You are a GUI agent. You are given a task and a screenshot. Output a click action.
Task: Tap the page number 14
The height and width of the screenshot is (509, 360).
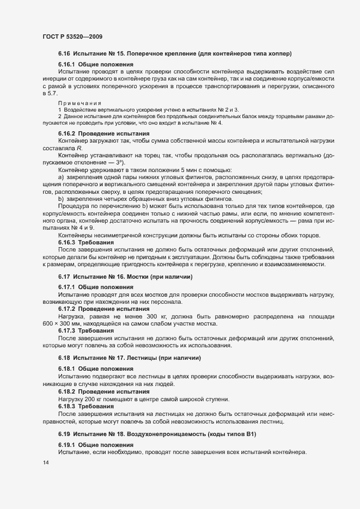(x=45, y=462)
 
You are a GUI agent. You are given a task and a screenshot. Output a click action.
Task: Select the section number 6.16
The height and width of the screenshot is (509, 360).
(x=65, y=53)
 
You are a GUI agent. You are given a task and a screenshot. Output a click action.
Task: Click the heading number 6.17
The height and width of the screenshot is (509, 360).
(x=65, y=277)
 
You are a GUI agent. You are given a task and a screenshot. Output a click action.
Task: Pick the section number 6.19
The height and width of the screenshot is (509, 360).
(x=65, y=434)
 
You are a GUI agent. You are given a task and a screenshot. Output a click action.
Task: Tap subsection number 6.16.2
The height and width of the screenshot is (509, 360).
(x=68, y=133)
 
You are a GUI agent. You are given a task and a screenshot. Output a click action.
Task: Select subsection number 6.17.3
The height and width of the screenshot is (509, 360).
(x=68, y=330)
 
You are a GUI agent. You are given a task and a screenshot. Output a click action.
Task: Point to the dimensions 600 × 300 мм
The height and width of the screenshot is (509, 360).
(x=66, y=323)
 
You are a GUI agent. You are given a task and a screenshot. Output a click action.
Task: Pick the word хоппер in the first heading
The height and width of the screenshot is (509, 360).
(x=278, y=53)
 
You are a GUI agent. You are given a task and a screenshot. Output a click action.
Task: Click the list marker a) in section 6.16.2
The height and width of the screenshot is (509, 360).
(x=60, y=177)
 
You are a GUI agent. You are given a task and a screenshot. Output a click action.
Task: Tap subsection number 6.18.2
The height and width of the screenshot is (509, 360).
(x=68, y=391)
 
